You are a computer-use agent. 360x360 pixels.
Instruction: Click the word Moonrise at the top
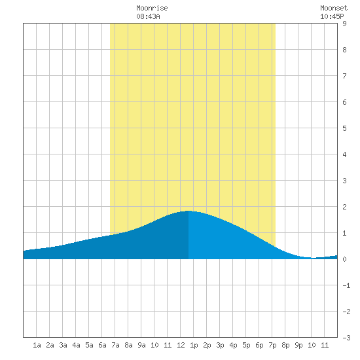coord(152,8)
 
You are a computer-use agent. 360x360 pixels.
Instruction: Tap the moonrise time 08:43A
coord(148,16)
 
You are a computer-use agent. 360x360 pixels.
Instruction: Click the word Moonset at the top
coord(334,8)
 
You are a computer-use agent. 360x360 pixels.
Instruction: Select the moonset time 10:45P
coord(332,16)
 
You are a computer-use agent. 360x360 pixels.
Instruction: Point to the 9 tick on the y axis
coord(344,24)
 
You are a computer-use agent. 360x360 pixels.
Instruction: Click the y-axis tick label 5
coord(344,128)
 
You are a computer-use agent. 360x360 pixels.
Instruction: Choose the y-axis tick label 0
coord(344,259)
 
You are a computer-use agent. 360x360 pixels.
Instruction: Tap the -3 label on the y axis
coord(346,338)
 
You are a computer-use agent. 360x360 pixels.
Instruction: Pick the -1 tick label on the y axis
coord(346,285)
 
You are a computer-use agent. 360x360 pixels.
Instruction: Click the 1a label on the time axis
coord(37,345)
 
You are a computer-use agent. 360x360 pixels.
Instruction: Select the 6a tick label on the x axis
coord(102,345)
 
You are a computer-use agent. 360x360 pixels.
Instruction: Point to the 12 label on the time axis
coord(181,345)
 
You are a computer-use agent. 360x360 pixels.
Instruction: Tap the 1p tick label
coord(194,345)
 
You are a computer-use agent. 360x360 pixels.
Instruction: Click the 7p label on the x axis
coord(272,345)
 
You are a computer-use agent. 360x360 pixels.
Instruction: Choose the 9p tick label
coord(298,345)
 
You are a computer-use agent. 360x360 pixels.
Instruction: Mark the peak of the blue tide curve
coord(189,211)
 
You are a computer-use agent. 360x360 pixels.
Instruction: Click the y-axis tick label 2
coord(344,207)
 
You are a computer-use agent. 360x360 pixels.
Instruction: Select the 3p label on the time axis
coord(220,345)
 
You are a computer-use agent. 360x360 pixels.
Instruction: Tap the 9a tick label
coord(141,345)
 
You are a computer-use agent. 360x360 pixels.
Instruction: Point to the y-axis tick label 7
coord(344,76)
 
